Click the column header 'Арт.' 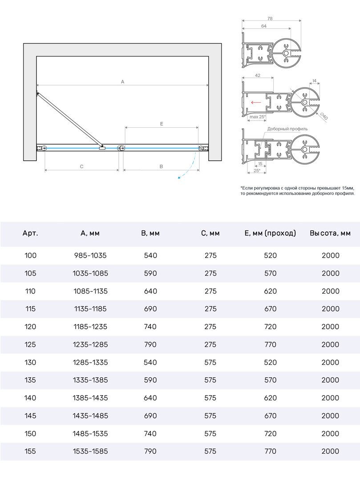pyautogui.click(x=30, y=233)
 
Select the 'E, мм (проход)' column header pyautogui.click(x=270, y=233)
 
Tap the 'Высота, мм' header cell pyautogui.click(x=330, y=233)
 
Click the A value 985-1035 pyautogui.click(x=90, y=255)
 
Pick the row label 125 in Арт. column pyautogui.click(x=30, y=344)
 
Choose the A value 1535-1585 pyautogui.click(x=90, y=451)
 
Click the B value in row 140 pyautogui.click(x=150, y=398)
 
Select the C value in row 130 pyautogui.click(x=210, y=362)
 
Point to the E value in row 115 pyautogui.click(x=270, y=309)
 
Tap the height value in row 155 pyautogui.click(x=330, y=451)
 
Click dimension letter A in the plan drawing pyautogui.click(x=122, y=81)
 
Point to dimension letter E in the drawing pyautogui.click(x=162, y=124)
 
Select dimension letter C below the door pyautogui.click(x=82, y=166)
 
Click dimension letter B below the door pyautogui.click(x=161, y=166)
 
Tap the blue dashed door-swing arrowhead pyautogui.click(x=179, y=178)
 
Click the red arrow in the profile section pyautogui.click(x=256, y=102)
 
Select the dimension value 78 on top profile pyautogui.click(x=270, y=19)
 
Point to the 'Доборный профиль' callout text pyautogui.click(x=287, y=129)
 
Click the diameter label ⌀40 pyautogui.click(x=324, y=117)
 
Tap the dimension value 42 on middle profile pyautogui.click(x=258, y=76)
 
